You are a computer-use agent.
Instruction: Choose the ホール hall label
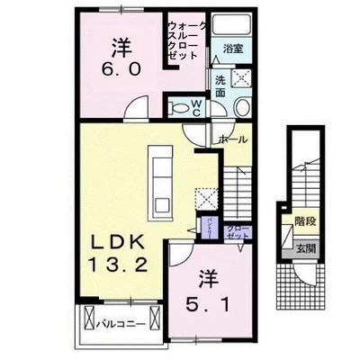231,139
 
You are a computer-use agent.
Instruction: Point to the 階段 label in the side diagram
303,219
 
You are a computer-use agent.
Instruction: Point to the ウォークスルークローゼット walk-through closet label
186,40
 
